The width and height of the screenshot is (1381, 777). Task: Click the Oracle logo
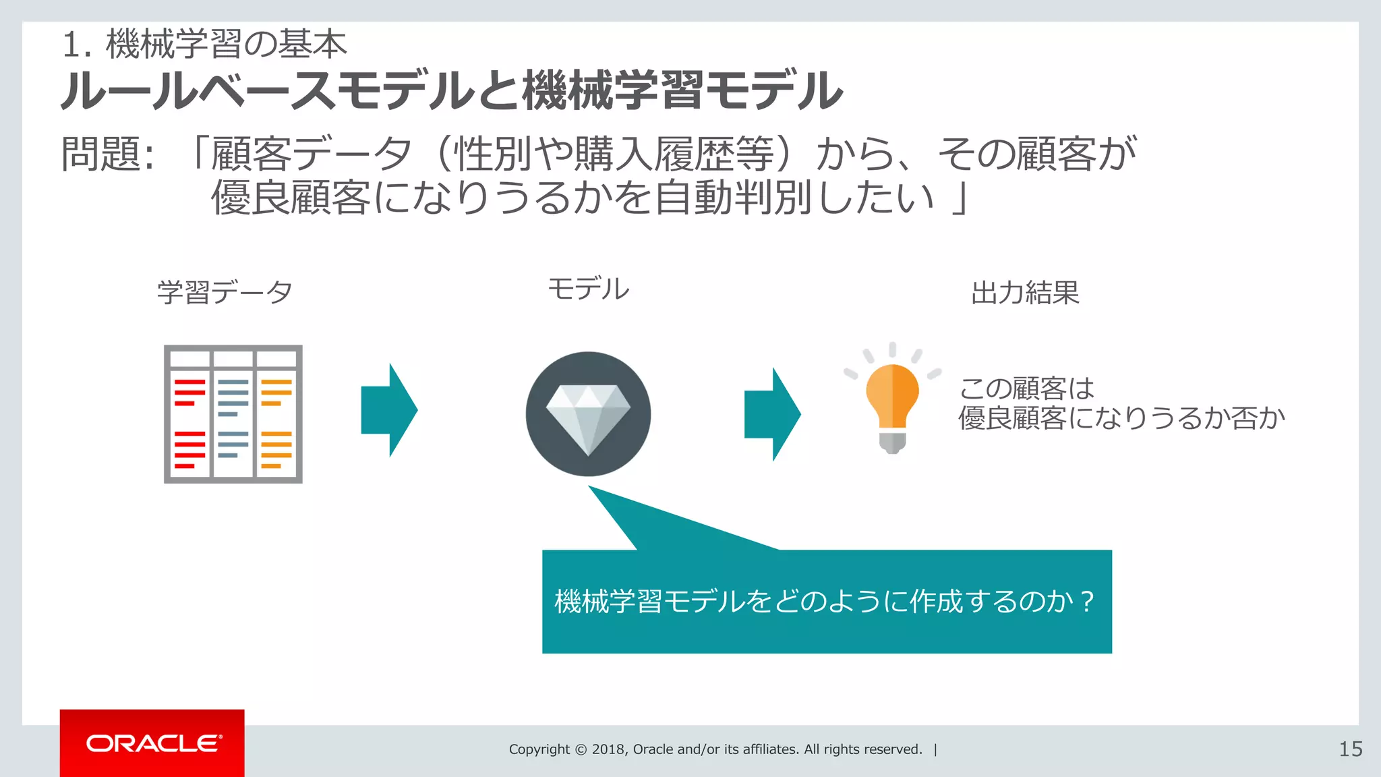[153, 743]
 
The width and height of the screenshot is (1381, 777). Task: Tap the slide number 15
[1350, 749]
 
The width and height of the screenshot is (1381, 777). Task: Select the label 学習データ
[225, 293]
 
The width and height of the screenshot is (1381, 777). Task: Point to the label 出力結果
[1025, 293]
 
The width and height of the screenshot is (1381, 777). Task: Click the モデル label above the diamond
[588, 289]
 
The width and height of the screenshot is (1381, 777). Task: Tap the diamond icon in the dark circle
[588, 414]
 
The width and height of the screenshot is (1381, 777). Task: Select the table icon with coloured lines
[233, 414]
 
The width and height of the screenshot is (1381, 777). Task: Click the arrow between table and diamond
[390, 410]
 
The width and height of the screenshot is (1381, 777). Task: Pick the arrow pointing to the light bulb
[773, 414]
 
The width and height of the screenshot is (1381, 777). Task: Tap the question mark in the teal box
[1086, 600]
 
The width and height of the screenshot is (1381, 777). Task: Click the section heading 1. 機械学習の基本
[204, 45]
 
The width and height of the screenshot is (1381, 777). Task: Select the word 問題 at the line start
[101, 154]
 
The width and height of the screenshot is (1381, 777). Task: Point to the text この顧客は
[1026, 388]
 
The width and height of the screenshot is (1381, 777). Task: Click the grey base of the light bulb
[892, 442]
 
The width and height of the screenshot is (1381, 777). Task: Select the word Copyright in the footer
[539, 749]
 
